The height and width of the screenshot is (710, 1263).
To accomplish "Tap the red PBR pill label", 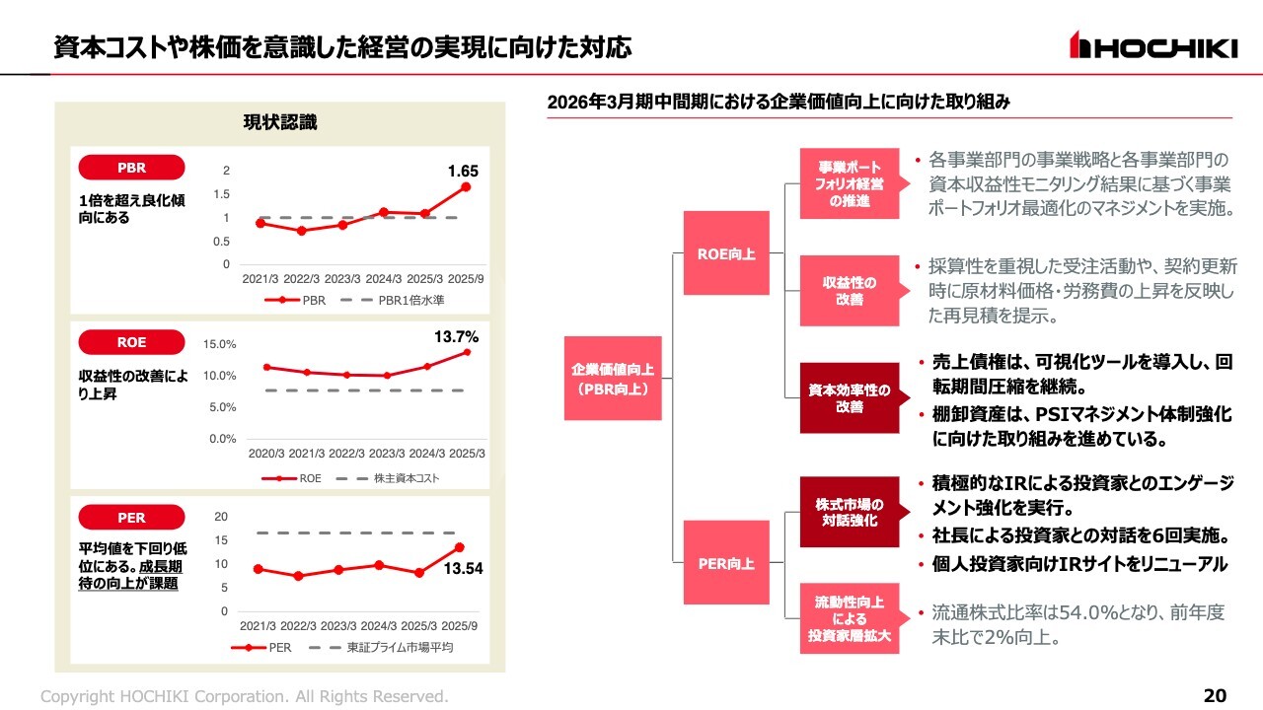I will (131, 168).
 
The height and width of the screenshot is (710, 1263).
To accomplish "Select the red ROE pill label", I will (131, 342).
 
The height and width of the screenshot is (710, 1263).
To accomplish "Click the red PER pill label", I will (131, 518).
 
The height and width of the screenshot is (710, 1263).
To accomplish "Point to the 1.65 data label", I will (463, 172).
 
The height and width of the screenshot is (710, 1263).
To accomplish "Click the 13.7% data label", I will (457, 337).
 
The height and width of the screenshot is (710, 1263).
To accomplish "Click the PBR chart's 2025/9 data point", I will (466, 186).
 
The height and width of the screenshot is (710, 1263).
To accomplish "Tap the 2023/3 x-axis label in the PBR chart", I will (342, 279).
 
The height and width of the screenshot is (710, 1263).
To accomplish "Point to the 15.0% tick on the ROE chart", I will (220, 344).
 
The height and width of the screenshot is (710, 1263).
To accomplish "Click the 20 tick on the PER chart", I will (222, 517).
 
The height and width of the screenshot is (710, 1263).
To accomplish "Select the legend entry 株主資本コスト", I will (406, 478).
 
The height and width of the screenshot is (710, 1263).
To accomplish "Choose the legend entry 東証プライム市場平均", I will (399, 648).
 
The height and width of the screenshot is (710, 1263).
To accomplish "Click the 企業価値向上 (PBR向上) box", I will (612, 379).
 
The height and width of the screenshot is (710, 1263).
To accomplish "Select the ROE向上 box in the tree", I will (726, 253).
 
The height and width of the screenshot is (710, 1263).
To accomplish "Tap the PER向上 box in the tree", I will (726, 564).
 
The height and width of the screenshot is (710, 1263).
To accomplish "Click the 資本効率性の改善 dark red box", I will (850, 398).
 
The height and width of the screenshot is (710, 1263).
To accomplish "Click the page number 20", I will (1215, 696).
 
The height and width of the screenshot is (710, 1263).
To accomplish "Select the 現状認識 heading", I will (280, 122).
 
